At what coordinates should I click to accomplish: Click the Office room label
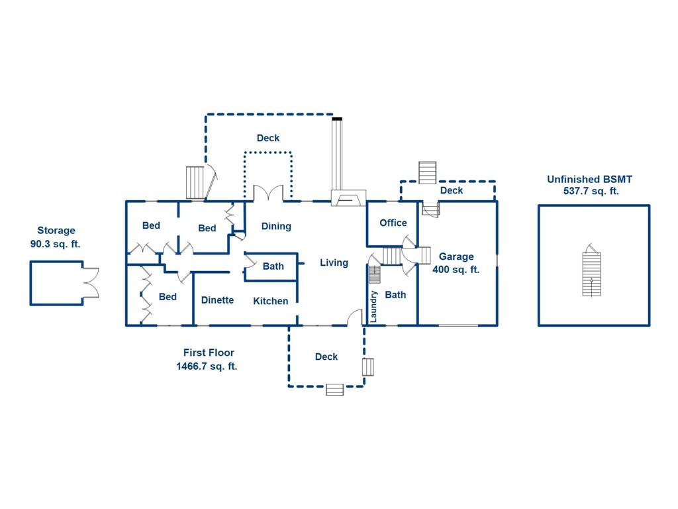[393, 223]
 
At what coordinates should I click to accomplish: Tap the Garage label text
[456, 256]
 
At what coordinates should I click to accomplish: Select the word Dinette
[217, 300]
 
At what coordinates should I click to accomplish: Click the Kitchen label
[271, 301]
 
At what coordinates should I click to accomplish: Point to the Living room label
[334, 262]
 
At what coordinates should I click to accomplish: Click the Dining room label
[276, 227]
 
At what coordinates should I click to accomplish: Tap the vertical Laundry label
[374, 306]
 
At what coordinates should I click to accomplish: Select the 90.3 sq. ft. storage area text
[56, 244]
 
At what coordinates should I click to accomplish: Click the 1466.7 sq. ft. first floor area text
[207, 366]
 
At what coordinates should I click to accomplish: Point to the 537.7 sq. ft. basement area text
[591, 191]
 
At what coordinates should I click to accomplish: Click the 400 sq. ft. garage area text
[456, 270]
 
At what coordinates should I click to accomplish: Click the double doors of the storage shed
[91, 282]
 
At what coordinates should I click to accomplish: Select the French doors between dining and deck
[268, 193]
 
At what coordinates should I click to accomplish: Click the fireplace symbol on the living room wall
[349, 198]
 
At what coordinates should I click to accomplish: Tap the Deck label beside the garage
[452, 190]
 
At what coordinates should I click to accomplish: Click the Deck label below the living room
[326, 357]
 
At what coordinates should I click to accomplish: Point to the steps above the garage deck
[428, 173]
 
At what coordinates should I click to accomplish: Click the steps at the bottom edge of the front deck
[334, 390]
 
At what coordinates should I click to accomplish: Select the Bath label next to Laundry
[396, 295]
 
